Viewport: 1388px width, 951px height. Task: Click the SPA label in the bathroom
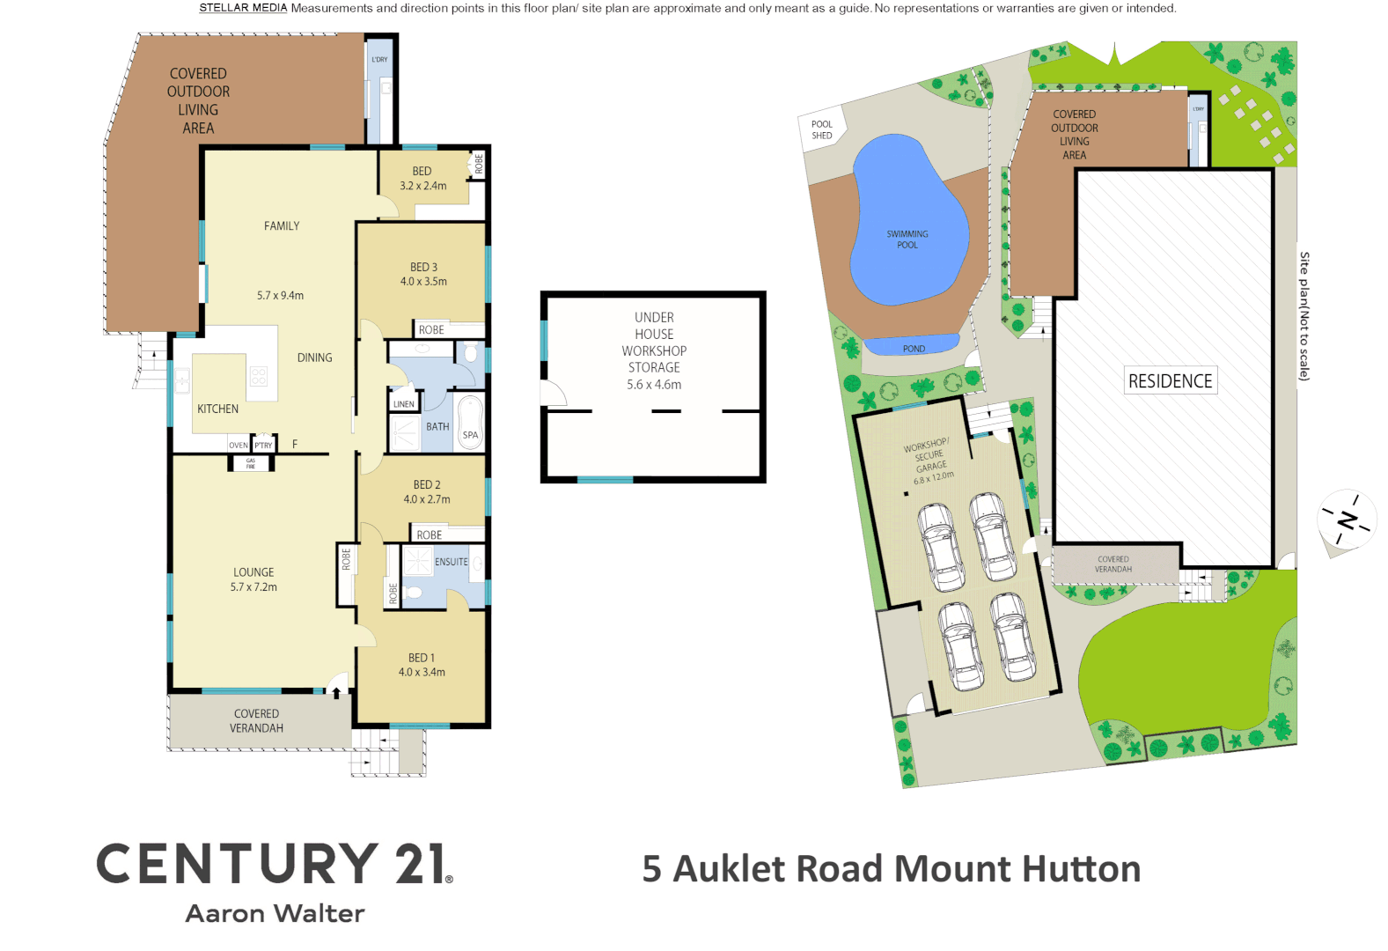471,435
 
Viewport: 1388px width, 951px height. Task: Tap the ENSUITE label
451,562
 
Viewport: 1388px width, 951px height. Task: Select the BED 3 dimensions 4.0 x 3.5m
423,282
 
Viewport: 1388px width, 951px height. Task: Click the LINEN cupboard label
404,404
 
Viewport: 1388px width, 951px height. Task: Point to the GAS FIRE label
251,463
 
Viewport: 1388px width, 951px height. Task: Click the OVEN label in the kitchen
239,446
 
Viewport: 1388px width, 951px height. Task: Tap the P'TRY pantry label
263,446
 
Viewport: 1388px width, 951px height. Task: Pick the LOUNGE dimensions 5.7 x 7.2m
253,587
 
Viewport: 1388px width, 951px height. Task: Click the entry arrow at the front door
336,693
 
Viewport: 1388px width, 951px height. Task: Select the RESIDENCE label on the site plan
1170,381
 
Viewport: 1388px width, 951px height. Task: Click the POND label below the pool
914,349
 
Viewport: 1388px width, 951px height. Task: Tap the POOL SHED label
821,129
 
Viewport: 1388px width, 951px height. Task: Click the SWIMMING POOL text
907,240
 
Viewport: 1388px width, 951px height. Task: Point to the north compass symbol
1347,520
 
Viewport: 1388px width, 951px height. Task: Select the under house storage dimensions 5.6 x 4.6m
654,385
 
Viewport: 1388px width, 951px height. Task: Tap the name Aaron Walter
275,914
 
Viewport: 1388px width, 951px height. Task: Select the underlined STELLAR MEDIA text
243,8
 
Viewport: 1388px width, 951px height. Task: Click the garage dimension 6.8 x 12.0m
933,478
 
